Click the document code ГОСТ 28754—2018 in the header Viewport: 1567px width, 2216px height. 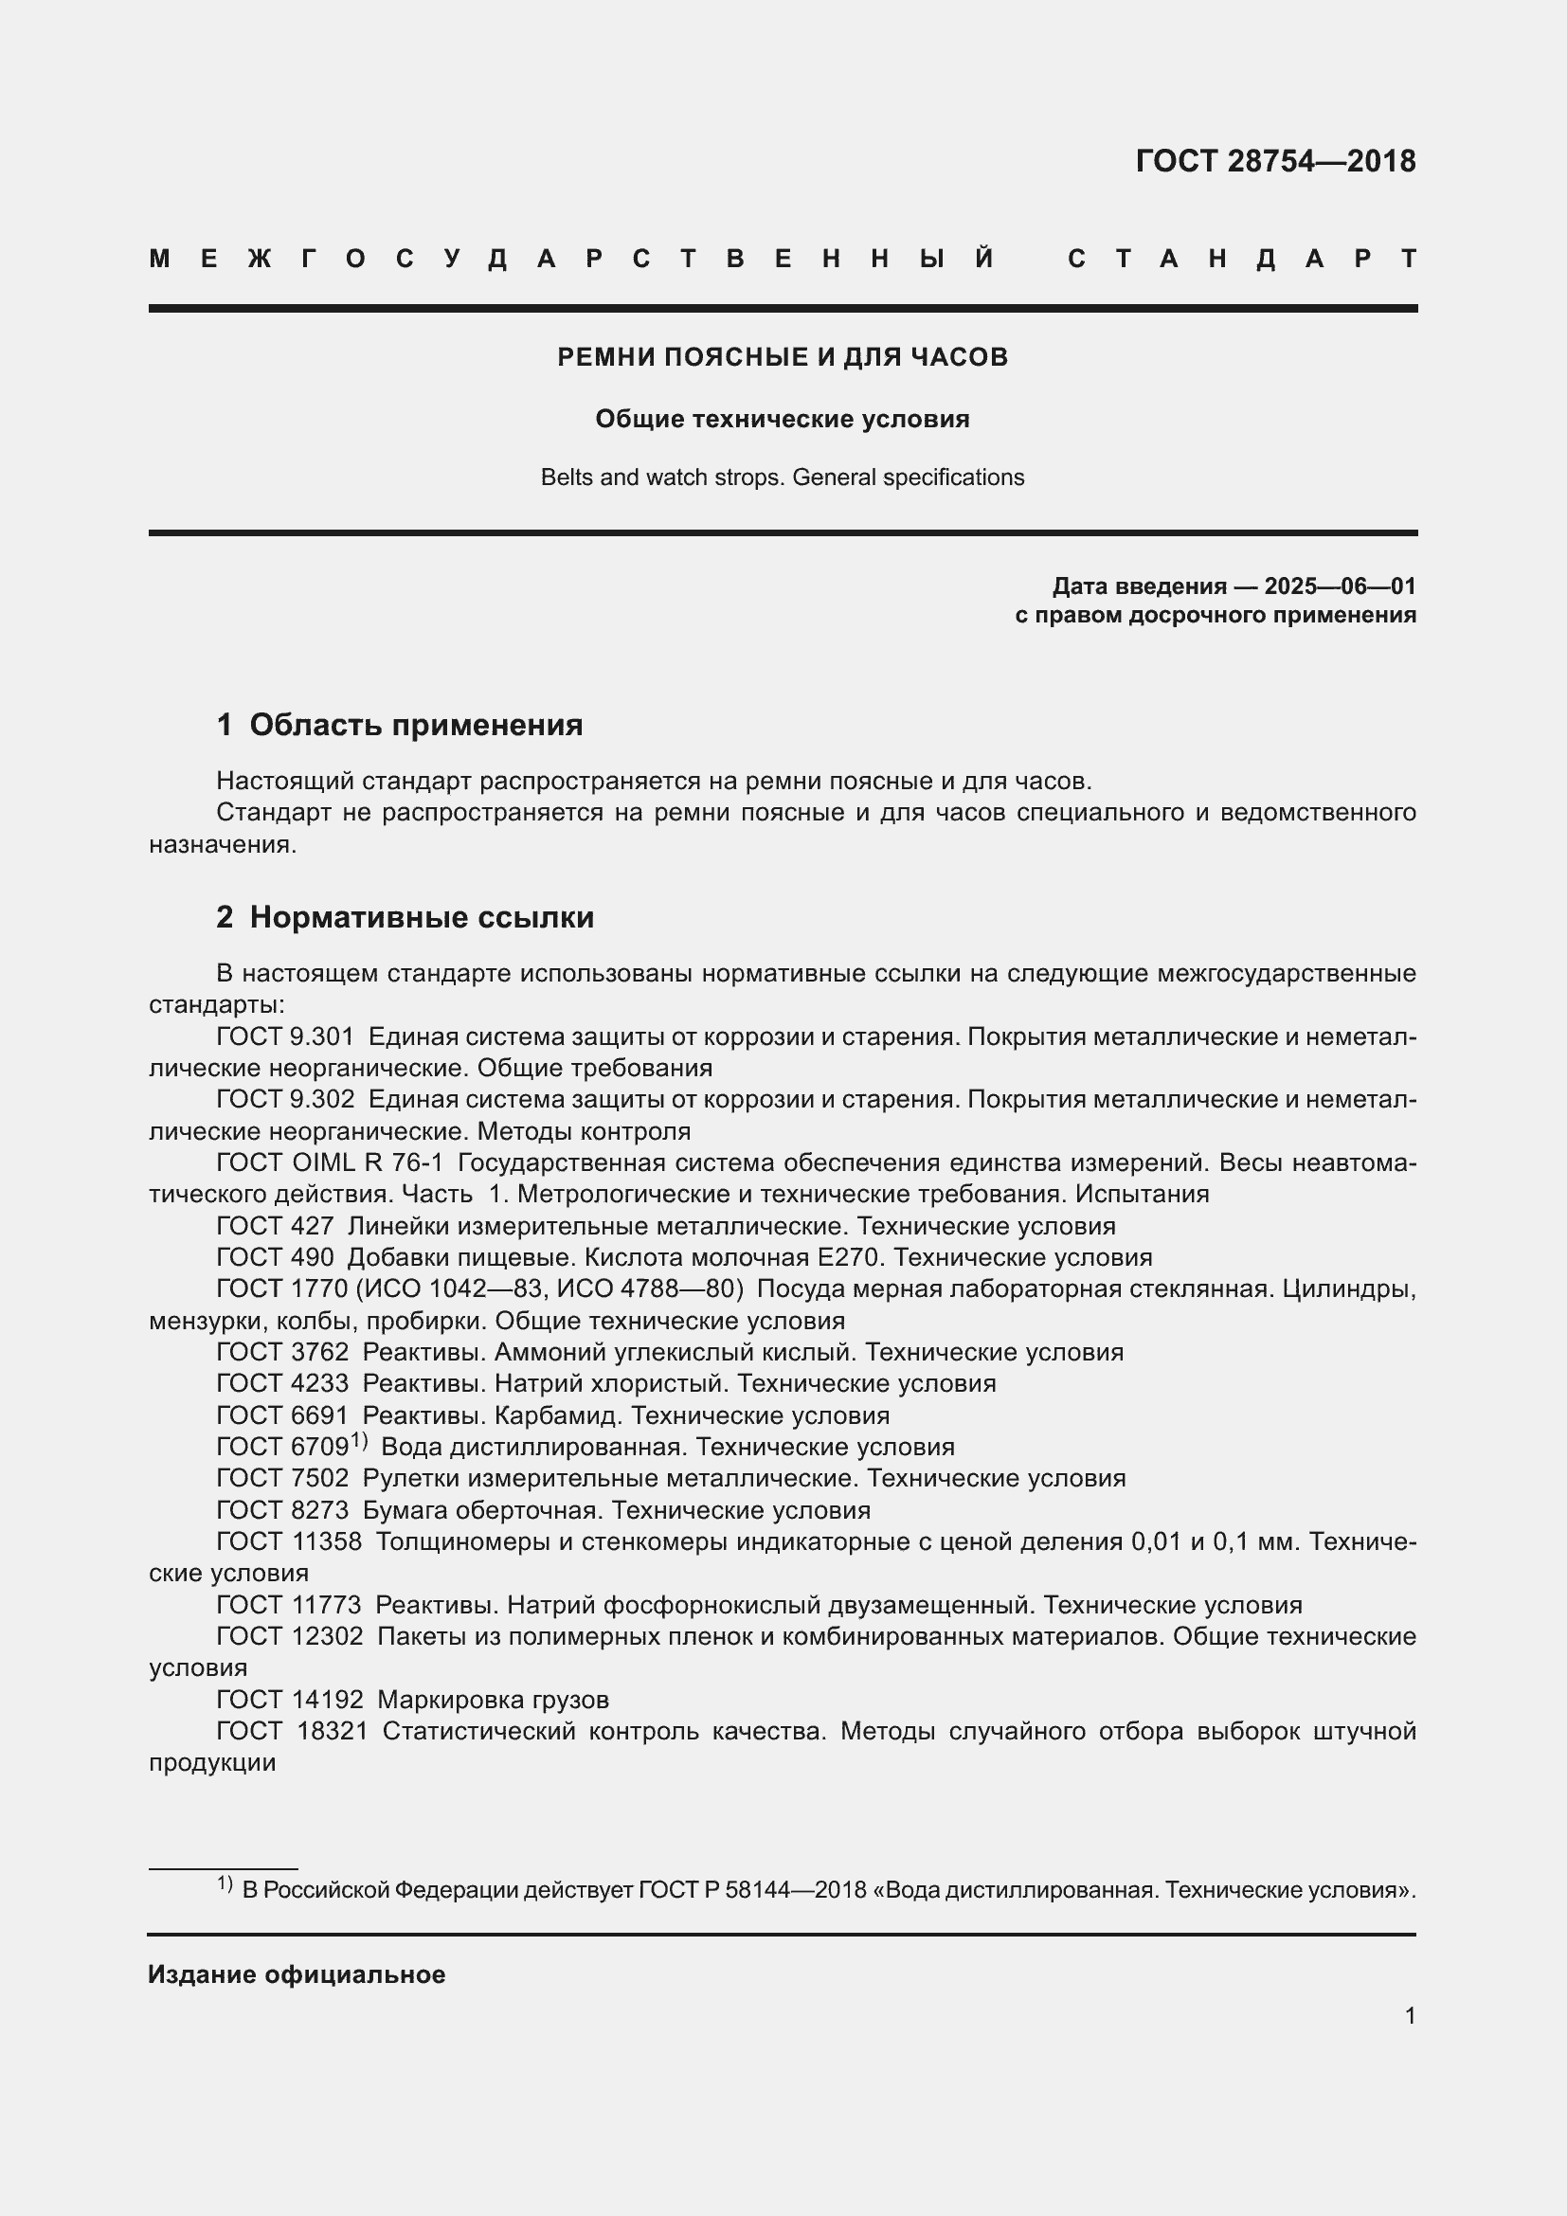click(x=1274, y=160)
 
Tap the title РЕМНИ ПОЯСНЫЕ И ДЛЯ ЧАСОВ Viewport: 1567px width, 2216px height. click(x=783, y=357)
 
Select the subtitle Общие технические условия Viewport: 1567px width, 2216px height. click(x=783, y=419)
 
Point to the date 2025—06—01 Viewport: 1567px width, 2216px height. click(x=1340, y=586)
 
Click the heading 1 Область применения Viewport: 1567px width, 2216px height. click(x=400, y=725)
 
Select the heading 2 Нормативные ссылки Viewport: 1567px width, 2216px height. click(x=405, y=917)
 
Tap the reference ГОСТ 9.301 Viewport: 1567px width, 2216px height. click(x=285, y=1036)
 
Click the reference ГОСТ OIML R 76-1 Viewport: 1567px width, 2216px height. click(x=330, y=1163)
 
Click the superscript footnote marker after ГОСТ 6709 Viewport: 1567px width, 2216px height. click(x=359, y=1441)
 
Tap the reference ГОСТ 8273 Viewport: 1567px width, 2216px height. click(x=282, y=1510)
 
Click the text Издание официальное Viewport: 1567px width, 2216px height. click(x=297, y=1974)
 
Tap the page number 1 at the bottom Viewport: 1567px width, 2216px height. click(x=1410, y=2015)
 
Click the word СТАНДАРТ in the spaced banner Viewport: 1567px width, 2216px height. click(x=1242, y=259)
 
